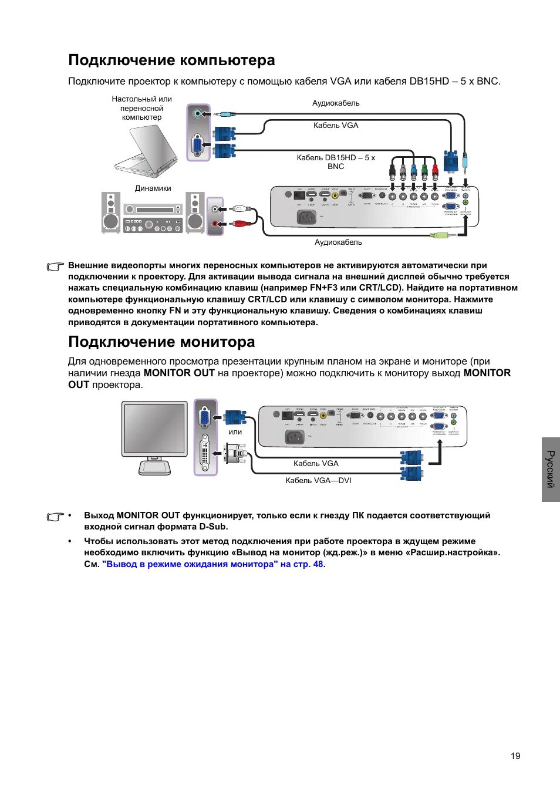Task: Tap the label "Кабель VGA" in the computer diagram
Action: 336,125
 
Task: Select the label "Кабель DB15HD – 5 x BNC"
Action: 336,161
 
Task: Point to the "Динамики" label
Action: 153,188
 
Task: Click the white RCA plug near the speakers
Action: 240,208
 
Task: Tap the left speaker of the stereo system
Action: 110,213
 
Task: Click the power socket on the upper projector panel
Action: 306,217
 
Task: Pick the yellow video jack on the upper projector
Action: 335,195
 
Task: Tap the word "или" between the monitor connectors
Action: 235,432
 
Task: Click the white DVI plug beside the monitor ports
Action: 235,453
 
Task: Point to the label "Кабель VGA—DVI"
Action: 318,480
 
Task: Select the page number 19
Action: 515,755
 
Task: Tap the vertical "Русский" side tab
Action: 551,469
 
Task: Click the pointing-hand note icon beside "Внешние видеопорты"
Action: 55,267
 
